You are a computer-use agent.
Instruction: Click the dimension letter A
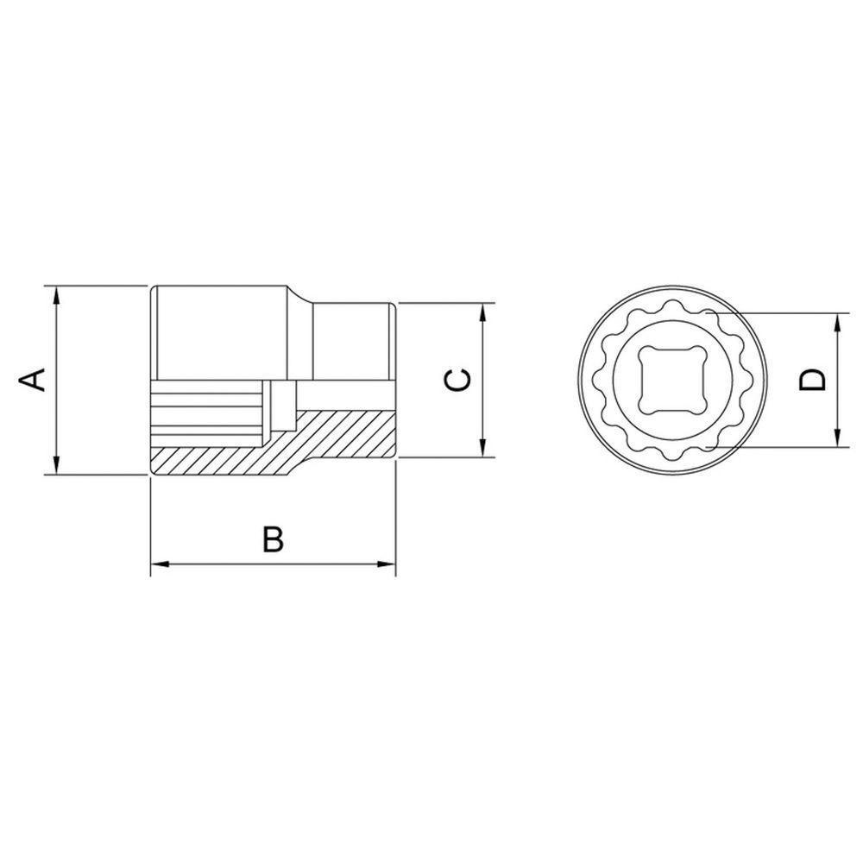click(x=33, y=379)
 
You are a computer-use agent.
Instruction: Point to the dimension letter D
click(x=812, y=380)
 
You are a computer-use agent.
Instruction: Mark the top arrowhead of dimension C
click(x=483, y=312)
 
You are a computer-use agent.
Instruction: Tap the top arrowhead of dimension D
click(x=837, y=322)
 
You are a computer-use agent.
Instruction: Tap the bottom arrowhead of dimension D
click(x=837, y=439)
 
